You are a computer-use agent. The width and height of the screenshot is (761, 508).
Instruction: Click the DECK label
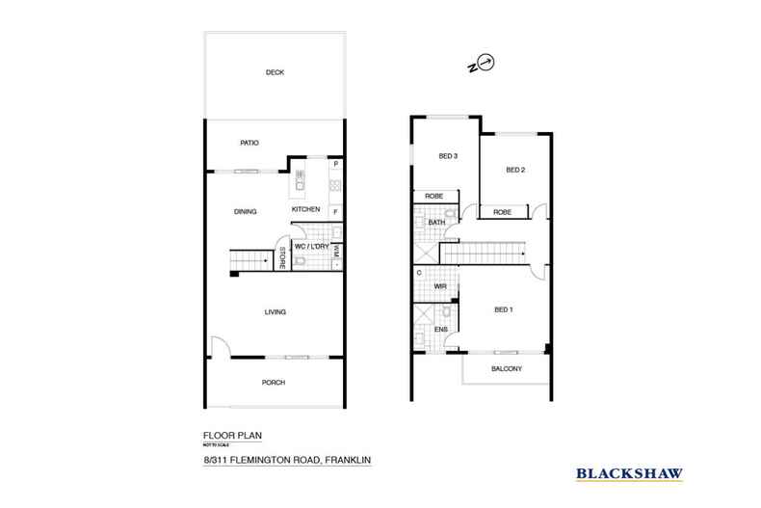click(276, 72)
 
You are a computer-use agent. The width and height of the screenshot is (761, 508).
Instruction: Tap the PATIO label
click(249, 144)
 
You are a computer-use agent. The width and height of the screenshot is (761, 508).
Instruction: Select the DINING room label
click(245, 211)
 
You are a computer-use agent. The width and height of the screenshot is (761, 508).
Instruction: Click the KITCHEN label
click(305, 209)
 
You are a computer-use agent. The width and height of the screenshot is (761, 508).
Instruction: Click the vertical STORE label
click(282, 258)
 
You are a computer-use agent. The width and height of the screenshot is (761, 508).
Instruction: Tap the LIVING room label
click(276, 311)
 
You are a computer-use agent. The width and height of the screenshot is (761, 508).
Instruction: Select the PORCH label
click(274, 382)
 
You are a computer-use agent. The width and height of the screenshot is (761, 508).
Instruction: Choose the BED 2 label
click(514, 171)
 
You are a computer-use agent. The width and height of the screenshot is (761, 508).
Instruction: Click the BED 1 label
click(504, 309)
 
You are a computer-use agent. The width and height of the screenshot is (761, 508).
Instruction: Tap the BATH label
click(436, 223)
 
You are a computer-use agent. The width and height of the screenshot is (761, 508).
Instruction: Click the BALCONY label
click(507, 369)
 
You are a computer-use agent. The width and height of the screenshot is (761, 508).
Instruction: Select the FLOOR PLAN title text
click(224, 435)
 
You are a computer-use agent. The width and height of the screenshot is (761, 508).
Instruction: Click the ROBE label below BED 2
click(502, 212)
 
